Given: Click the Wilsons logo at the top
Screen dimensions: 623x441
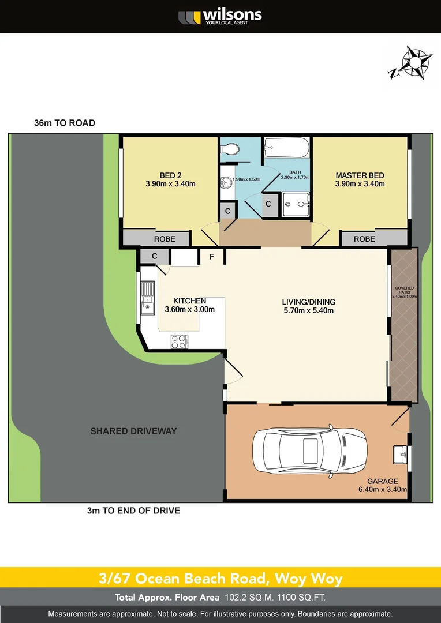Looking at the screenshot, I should (x=220, y=16).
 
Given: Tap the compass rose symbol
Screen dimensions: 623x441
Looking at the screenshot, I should (x=410, y=62).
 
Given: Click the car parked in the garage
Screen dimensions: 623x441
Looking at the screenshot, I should (x=310, y=451).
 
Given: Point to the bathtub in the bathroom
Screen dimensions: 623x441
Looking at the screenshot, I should (x=287, y=149).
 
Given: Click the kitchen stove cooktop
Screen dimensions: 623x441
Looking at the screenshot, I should (x=179, y=341).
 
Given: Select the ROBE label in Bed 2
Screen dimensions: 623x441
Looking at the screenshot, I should (x=165, y=239).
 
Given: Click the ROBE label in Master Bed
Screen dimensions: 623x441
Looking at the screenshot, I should (x=364, y=239).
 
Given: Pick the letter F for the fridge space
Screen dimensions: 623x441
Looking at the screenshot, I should (x=212, y=257).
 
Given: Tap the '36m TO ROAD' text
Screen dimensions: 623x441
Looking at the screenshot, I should (x=65, y=123).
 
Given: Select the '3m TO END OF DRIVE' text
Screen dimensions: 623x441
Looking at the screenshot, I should (x=133, y=511).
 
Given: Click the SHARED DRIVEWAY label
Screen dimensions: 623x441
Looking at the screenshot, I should (x=133, y=431).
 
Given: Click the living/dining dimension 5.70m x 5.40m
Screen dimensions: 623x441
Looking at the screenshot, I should (x=308, y=310).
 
